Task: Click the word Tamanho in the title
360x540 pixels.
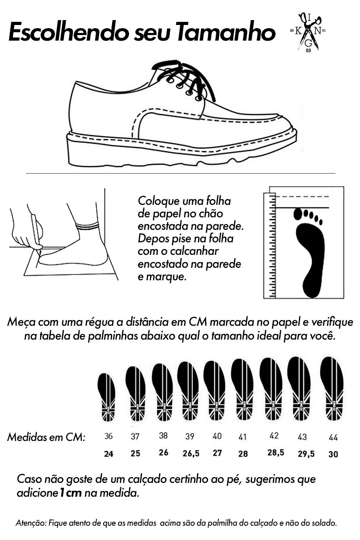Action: (226, 32)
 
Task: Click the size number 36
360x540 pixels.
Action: (109, 436)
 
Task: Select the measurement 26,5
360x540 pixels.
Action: (191, 453)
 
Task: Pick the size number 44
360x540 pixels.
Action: (333, 437)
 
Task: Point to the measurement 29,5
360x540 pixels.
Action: (306, 454)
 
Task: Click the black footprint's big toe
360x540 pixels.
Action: (298, 213)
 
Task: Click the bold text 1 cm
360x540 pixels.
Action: (70, 493)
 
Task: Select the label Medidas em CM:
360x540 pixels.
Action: (46, 437)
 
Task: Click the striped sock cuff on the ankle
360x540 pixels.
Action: (88, 226)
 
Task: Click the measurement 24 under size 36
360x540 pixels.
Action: (109, 454)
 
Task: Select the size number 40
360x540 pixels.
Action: (217, 436)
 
